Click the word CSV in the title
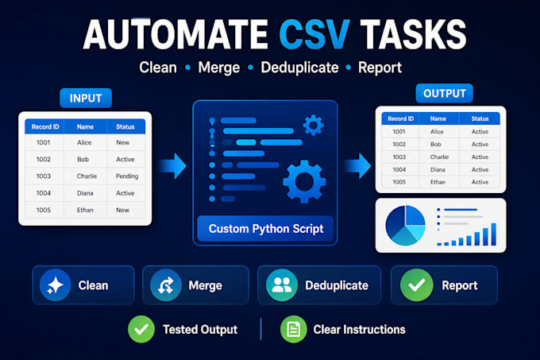(x=314, y=34)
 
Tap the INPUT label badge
(x=86, y=99)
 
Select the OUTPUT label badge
(x=444, y=93)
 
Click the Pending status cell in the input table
(x=127, y=176)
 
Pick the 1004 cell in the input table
(x=44, y=193)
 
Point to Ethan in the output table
(x=438, y=182)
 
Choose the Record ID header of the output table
(x=400, y=118)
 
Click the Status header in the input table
(x=125, y=127)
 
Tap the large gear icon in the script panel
(x=304, y=181)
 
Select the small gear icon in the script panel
(x=313, y=125)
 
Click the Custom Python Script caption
(x=266, y=229)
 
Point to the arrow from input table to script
(x=173, y=166)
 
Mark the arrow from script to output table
(x=357, y=166)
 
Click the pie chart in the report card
(x=405, y=226)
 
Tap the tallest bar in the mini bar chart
(x=493, y=234)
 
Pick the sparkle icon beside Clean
(x=55, y=285)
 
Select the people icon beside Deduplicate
(x=282, y=285)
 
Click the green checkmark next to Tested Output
(x=141, y=329)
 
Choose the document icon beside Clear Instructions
(x=293, y=329)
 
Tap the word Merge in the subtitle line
(x=219, y=68)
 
